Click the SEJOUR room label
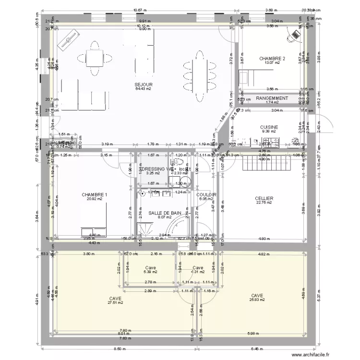click(144, 84)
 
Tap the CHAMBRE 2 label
click(272, 59)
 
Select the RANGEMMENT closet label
click(272, 98)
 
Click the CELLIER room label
click(264, 198)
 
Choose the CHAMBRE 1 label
click(95, 194)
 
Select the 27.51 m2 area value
click(115, 303)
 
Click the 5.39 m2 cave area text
click(150, 272)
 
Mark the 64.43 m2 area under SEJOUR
click(144, 89)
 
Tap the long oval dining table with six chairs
click(199, 75)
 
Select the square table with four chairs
click(94, 58)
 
